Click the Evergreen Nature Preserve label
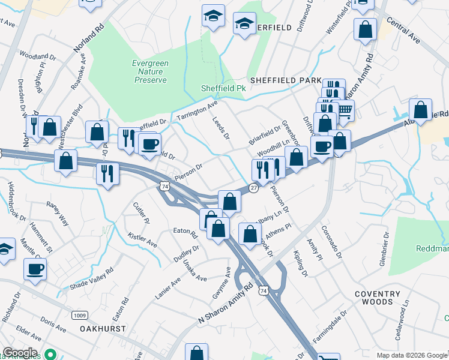point(149,71)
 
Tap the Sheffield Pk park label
point(223,88)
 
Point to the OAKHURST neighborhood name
point(103,329)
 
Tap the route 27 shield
point(254,188)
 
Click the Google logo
point(19,353)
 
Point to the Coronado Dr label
point(331,242)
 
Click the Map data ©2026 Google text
point(412,355)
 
